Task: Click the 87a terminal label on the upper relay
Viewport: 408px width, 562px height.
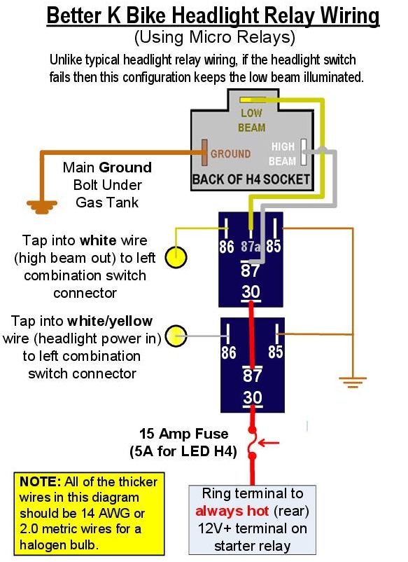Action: coord(250,246)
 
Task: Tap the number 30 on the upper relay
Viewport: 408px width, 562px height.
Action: coord(251,292)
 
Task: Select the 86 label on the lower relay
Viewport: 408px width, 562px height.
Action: coord(228,352)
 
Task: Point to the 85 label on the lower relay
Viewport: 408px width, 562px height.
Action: coord(276,352)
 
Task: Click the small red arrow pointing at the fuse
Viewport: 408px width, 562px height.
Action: coord(269,443)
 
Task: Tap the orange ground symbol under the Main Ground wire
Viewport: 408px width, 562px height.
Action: coord(42,207)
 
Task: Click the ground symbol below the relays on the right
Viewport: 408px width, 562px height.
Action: coord(353,382)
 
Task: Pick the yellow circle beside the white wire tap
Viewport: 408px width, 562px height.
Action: coord(176,257)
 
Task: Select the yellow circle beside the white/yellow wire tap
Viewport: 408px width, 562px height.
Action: coord(176,336)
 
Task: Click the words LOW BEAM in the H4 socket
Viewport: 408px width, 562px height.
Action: coord(252,120)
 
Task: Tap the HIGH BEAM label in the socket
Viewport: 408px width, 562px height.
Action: coord(283,153)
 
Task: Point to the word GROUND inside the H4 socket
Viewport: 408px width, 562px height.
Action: coord(230,153)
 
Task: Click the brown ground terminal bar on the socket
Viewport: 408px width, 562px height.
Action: coord(204,153)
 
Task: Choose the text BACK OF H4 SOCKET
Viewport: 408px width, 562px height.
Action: coord(251,179)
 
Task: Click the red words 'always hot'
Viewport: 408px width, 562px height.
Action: coord(232,510)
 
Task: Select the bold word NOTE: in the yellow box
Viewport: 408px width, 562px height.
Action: coord(41,481)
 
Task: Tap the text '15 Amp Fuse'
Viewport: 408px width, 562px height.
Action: coord(183,434)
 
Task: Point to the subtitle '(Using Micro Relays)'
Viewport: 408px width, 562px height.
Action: coord(214,37)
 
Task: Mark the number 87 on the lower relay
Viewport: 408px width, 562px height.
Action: coord(253,376)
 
